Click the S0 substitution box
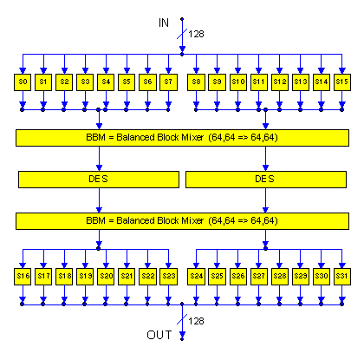pos(23,82)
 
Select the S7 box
pos(168,82)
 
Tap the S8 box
pos(196,82)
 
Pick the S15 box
pos(342,82)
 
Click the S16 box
pos(23,277)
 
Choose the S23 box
pos(168,277)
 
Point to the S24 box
pos(196,277)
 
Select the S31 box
pos(342,277)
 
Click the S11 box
pos(259,82)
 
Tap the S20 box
pos(106,277)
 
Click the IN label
pos(164,23)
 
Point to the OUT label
pos(159,335)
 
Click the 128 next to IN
pos(196,34)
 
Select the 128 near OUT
pos(196,321)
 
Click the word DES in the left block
pos(98,179)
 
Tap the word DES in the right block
pos(264,179)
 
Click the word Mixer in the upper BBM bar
pos(192,137)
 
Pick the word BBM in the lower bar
pos(95,220)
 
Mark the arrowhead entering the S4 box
pos(106,71)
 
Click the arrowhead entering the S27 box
pos(259,265)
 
